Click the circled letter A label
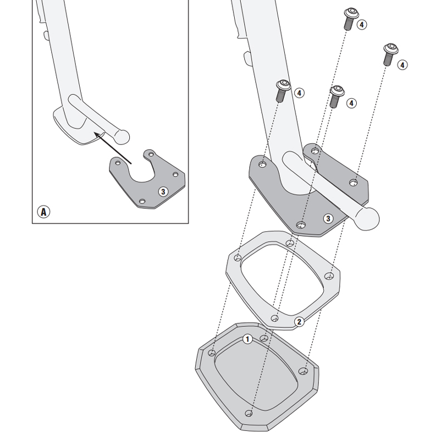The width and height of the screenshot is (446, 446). pos(43,212)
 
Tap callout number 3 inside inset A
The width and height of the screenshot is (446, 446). pos(163,191)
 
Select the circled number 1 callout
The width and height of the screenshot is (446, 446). pos(248,339)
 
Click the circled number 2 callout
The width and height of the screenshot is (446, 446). pos(299,322)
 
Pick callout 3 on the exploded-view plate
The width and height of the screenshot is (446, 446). pos(328,218)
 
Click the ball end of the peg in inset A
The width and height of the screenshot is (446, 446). pos(122,135)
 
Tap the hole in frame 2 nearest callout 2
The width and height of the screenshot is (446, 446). pos(274,318)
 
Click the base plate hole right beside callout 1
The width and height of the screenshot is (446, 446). pos(264,338)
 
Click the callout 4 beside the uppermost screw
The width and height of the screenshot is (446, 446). pos(362,25)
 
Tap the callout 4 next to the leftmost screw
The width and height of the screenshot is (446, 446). pos(299,93)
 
